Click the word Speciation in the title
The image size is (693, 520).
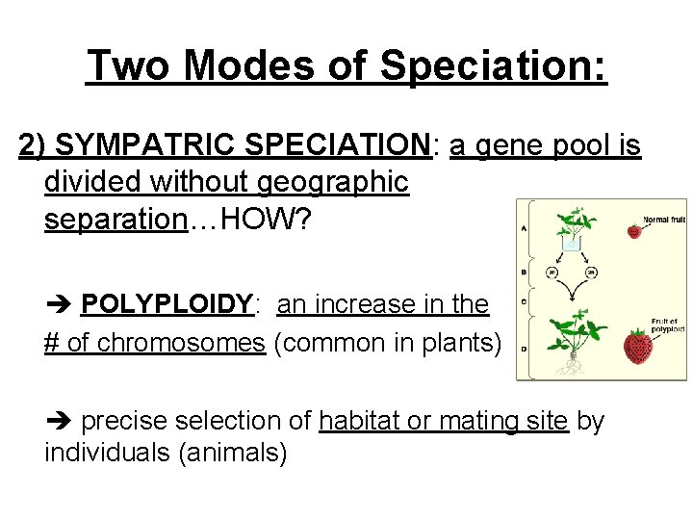pos(494,66)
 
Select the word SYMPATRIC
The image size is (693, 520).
pos(145,145)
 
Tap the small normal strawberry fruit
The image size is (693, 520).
pos(633,230)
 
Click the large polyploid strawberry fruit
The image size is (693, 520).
pos(636,347)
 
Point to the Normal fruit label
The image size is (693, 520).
pos(664,219)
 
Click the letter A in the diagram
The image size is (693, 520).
pos(524,229)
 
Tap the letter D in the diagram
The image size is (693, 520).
pos(524,349)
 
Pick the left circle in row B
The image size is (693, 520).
pos(553,273)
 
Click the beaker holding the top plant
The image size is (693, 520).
pos(571,244)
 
